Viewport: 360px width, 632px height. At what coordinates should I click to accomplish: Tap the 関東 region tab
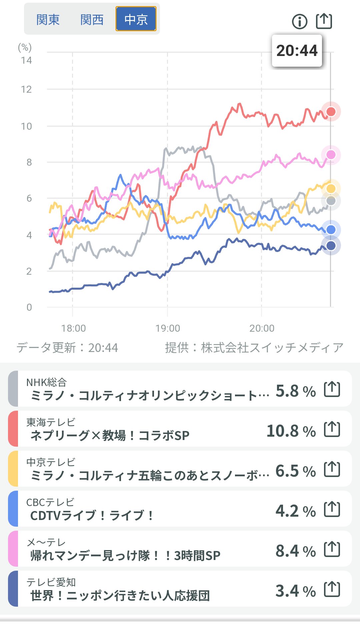(48, 20)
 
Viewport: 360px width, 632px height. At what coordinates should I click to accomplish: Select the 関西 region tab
(92, 20)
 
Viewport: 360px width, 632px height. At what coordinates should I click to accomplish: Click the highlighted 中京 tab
(136, 19)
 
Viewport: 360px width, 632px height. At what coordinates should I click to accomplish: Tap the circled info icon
(299, 22)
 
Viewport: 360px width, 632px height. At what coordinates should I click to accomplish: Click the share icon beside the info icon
(324, 21)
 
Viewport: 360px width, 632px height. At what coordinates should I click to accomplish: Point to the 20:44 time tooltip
(297, 51)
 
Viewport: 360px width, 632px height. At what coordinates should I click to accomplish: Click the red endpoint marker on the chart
(331, 112)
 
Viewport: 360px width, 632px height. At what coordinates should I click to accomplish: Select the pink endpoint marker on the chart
(331, 155)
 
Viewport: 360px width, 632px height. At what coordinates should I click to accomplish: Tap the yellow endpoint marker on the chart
(331, 189)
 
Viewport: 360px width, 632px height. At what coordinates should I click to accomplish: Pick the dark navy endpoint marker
(331, 246)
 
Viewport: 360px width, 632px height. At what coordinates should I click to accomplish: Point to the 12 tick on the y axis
(26, 89)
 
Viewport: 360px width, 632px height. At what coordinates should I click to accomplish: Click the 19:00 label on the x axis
(167, 328)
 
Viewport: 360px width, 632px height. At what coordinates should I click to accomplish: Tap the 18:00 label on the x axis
(73, 328)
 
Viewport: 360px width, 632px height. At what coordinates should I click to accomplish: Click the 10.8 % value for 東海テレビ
(291, 431)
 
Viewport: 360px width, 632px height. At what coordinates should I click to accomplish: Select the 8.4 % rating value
(295, 551)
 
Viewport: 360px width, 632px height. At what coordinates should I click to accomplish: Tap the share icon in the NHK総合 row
(332, 389)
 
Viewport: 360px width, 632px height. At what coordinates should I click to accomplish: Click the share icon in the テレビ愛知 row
(332, 589)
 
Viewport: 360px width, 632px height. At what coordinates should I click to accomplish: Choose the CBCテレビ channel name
(50, 502)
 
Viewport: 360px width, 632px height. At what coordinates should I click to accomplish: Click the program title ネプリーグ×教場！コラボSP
(110, 435)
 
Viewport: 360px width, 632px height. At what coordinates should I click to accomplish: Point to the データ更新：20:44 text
(67, 348)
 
